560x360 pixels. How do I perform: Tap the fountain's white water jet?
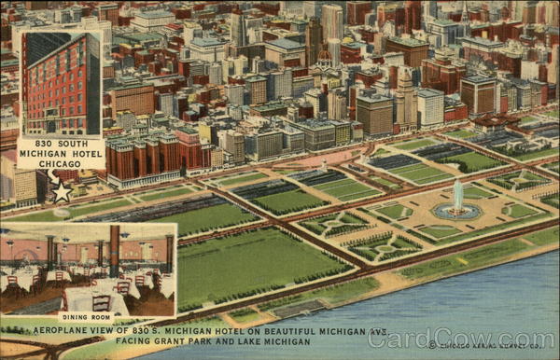457,195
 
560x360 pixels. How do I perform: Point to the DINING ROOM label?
87,317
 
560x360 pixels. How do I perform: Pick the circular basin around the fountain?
457,213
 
